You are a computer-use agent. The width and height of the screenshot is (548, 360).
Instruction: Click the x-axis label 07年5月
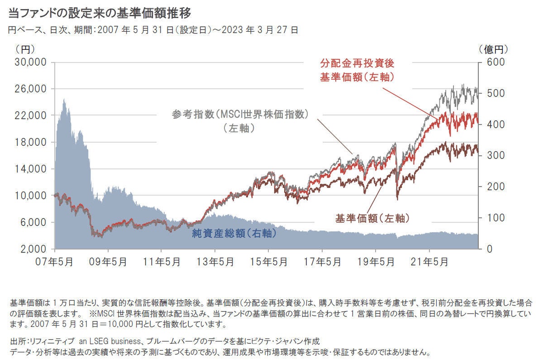55,262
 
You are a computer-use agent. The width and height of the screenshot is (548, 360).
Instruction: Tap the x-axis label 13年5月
215,262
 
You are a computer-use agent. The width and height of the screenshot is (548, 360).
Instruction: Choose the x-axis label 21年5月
429,262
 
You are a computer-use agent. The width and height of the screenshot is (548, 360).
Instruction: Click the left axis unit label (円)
25,48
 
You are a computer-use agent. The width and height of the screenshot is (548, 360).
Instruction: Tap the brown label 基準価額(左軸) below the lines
372,219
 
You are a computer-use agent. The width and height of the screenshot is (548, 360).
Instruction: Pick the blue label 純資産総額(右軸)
234,234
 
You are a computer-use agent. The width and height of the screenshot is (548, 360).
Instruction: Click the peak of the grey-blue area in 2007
64,99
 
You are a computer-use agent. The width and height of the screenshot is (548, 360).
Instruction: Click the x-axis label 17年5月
322,262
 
